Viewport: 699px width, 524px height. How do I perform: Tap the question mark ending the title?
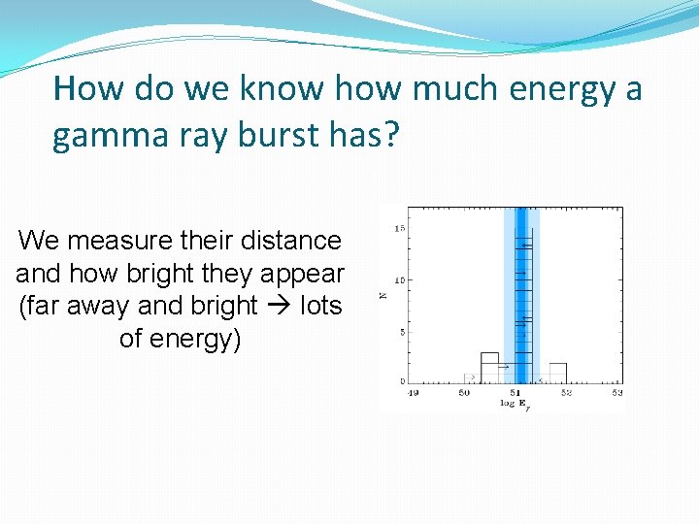tap(391, 137)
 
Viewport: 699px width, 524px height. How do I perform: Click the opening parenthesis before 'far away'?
tap(23, 306)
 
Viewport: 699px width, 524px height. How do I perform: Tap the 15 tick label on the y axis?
tap(399, 228)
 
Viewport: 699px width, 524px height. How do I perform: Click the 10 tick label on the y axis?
tap(399, 280)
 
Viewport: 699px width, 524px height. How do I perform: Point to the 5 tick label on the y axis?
tap(401, 332)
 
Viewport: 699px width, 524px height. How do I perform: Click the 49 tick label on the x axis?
tap(412, 392)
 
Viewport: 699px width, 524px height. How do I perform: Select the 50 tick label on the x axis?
tap(463, 392)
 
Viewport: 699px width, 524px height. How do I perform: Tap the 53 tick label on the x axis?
tap(616, 392)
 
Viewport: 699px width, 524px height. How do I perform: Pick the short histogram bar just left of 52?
tap(557, 373)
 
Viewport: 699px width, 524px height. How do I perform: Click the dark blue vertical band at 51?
tap(520, 291)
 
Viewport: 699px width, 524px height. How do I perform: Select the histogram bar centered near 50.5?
tap(489, 368)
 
